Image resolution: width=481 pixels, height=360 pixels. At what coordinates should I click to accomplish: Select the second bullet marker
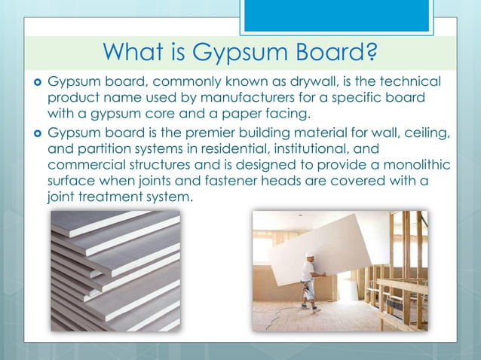[x=37, y=133]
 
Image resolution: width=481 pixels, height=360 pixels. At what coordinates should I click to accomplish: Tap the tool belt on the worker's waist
[x=306, y=284]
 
